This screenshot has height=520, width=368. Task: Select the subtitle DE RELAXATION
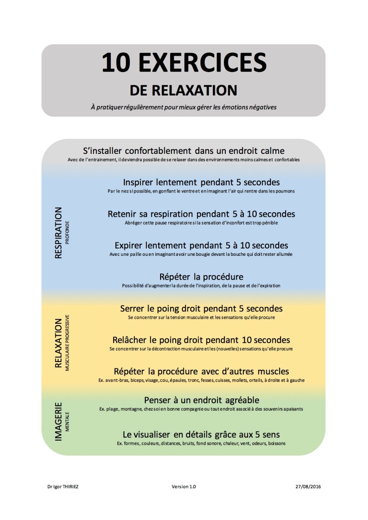(184, 89)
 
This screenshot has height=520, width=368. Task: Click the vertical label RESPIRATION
(58, 233)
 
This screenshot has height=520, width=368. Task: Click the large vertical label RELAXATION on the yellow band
(58, 344)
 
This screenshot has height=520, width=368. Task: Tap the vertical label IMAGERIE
(58, 422)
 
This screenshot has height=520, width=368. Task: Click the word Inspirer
(141, 182)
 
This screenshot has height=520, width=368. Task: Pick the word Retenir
(123, 214)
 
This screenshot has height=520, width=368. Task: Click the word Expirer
(130, 245)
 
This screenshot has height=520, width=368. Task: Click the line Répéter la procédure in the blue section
(201, 277)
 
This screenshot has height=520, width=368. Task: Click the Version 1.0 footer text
(184, 486)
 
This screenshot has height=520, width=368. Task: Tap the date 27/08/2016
(309, 486)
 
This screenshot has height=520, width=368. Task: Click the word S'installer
(104, 151)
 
